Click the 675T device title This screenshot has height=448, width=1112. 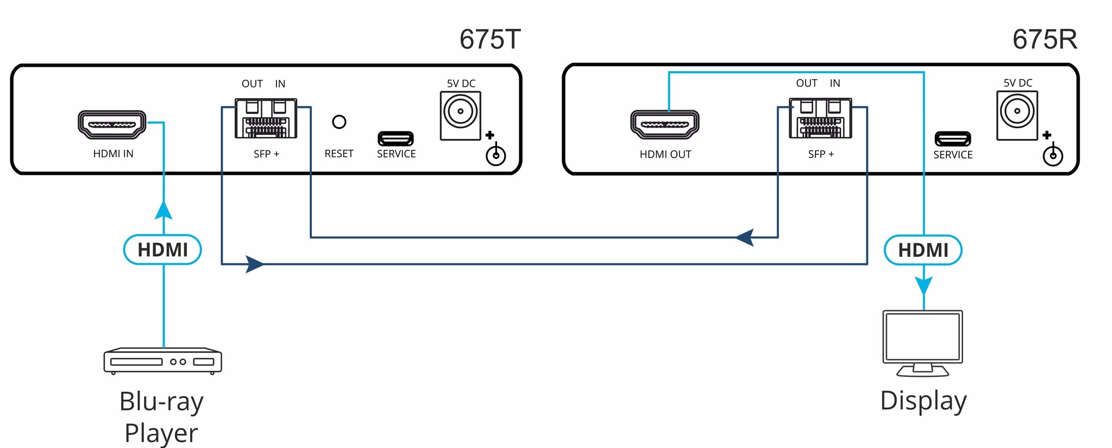tap(490, 40)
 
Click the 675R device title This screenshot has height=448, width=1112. tap(1044, 40)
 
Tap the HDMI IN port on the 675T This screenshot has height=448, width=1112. tap(112, 124)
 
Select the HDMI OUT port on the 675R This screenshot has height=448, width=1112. tap(664, 124)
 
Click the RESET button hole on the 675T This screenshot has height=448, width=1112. tap(339, 122)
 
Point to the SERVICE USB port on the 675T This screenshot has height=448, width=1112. tap(395, 138)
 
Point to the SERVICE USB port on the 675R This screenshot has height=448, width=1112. tap(952, 139)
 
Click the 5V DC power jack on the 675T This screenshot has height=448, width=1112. tap(460, 111)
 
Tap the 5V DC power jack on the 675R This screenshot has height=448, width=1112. tap(1017, 111)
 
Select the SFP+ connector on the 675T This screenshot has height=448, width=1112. tap(266, 118)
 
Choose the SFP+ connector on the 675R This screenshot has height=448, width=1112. tap(820, 118)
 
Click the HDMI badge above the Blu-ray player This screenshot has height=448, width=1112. tap(162, 250)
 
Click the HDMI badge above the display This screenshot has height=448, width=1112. tap(923, 250)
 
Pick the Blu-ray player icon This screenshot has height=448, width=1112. tap(162, 361)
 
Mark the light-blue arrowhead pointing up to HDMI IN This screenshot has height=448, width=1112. tap(164, 211)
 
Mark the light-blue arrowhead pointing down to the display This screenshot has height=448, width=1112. tap(923, 285)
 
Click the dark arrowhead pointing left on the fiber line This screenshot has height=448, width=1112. tap(745, 237)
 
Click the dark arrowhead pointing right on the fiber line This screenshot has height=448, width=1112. tap(254, 264)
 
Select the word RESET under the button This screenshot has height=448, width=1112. tap(339, 154)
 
